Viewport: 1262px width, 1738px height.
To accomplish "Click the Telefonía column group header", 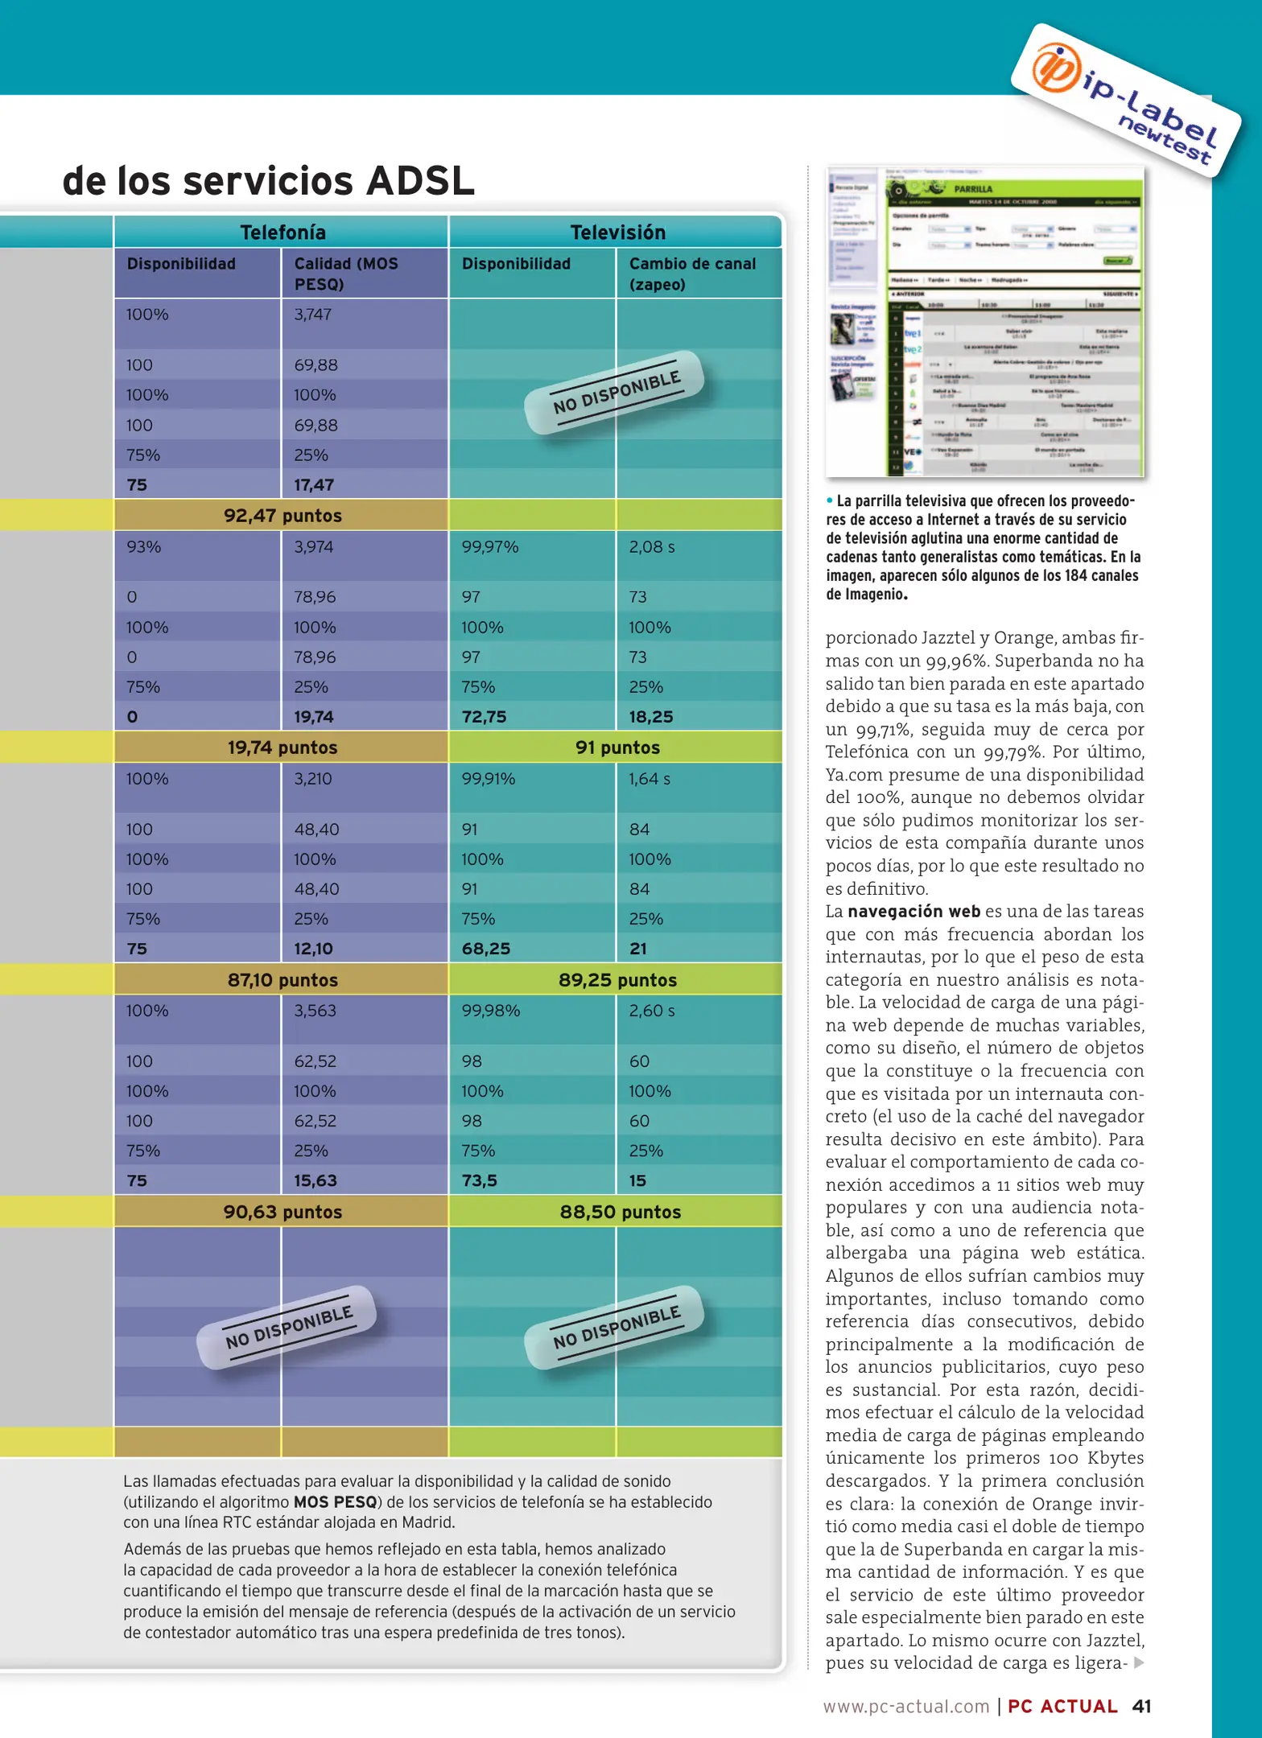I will [283, 233].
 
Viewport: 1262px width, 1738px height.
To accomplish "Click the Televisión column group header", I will [617, 233].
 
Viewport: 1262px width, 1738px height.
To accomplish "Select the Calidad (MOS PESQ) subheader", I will [346, 274].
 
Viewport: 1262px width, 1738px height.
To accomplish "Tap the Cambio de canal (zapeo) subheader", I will [692, 274].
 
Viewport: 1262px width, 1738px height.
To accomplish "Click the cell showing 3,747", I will [312, 315].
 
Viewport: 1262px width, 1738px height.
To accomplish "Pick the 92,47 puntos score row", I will [283, 516].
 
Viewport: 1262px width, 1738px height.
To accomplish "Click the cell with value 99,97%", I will [489, 547].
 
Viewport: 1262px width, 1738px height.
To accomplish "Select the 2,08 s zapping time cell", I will [651, 547].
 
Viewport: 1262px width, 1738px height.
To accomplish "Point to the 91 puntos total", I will [617, 748].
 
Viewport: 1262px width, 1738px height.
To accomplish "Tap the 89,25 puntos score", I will [617, 980].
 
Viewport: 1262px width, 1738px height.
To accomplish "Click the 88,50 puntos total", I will [620, 1212].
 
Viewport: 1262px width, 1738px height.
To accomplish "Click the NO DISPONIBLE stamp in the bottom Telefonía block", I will [288, 1328].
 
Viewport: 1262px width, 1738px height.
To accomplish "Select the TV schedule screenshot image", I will [984, 322].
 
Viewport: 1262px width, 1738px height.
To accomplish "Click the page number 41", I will [1141, 1706].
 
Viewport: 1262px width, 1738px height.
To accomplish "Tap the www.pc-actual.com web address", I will [905, 1706].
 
